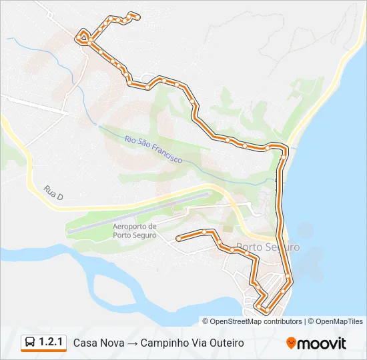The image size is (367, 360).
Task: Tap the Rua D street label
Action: point(53,193)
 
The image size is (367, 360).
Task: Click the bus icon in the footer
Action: point(30,343)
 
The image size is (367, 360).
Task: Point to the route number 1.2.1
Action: point(52,343)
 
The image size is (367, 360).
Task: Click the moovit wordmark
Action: point(322,343)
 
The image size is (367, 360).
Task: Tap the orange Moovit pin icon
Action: point(291,343)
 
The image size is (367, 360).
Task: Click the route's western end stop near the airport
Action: point(178,238)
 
